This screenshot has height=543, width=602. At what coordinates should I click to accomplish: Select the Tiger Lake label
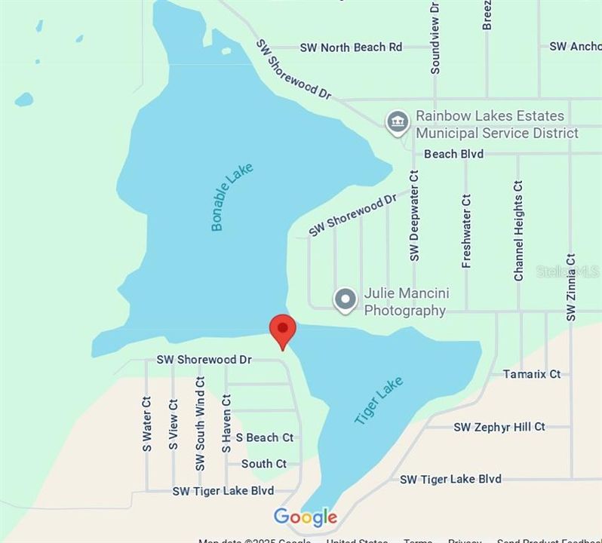[x=379, y=400]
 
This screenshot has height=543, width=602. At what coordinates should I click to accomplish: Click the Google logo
[x=306, y=517]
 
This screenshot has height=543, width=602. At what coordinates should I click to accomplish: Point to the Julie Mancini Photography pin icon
[x=346, y=299]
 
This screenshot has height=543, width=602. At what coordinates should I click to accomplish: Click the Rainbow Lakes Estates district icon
[x=398, y=122]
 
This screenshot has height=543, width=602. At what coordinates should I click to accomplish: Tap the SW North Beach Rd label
[x=351, y=48]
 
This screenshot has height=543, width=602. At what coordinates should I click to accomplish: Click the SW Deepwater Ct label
[x=414, y=216]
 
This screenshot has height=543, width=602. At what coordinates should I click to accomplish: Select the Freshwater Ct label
[x=466, y=231]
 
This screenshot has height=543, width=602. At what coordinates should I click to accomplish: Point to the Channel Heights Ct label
[x=518, y=231]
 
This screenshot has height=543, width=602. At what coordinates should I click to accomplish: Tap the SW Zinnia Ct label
[x=570, y=287]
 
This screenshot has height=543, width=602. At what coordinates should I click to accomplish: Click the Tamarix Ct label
[x=532, y=374]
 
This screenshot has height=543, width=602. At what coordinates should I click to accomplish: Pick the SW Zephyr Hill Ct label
[x=499, y=427]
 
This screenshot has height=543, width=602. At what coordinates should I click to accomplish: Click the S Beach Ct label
[x=264, y=437]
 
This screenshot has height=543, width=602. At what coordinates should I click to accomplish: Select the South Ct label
[x=264, y=464]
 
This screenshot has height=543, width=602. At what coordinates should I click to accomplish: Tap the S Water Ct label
[x=147, y=425]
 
